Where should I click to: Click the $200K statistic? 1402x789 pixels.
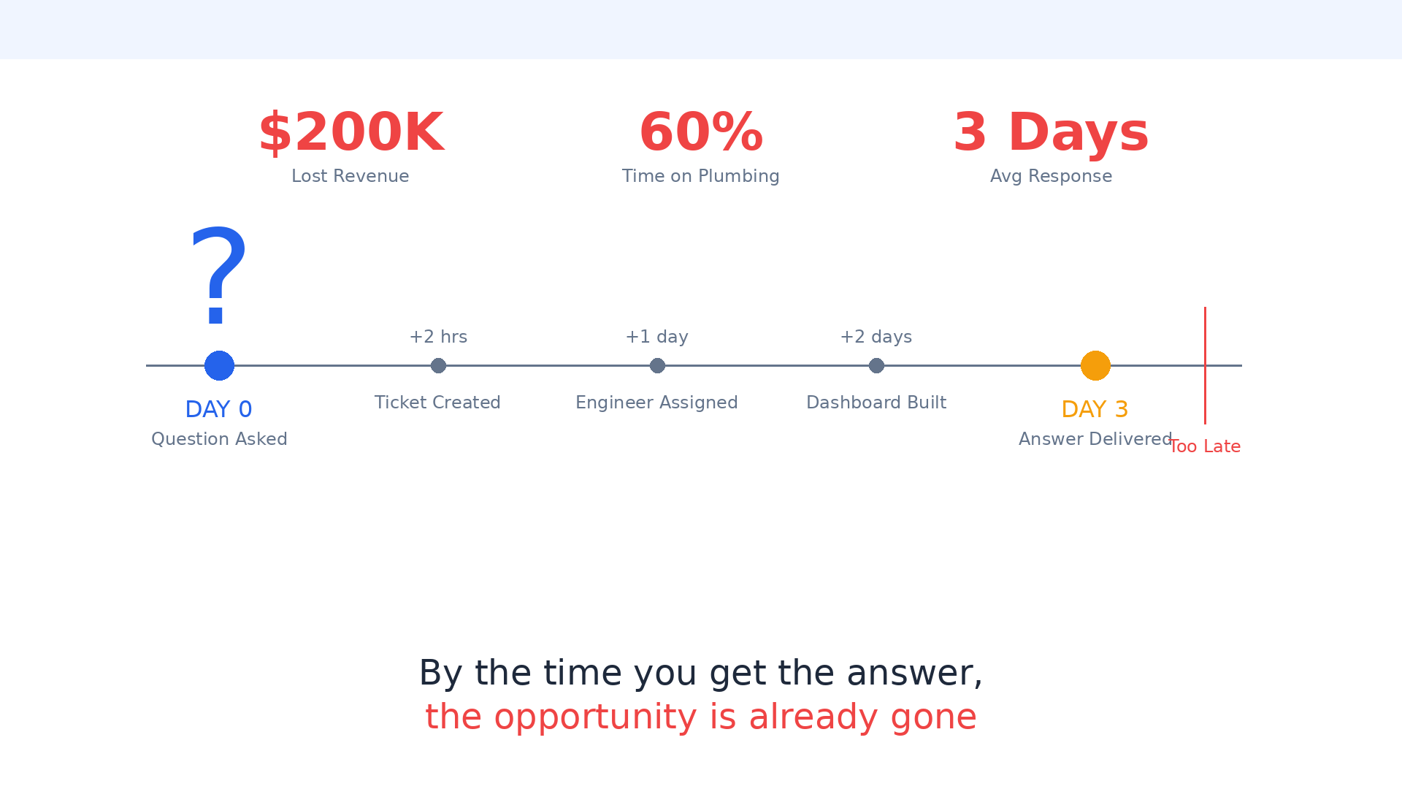click(350, 133)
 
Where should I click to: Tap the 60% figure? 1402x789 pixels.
click(701, 133)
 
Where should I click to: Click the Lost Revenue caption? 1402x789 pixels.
click(350, 176)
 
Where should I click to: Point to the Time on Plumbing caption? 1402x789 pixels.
click(701, 176)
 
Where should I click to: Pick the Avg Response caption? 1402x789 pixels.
click(1051, 177)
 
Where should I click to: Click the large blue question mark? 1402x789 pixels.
click(218, 276)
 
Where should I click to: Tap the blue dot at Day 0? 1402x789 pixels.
click(219, 365)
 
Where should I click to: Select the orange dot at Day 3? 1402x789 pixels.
click(1095, 365)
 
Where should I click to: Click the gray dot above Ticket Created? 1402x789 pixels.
click(438, 365)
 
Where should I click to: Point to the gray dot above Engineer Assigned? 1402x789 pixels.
click(657, 365)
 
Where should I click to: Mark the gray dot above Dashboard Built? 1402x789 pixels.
click(876, 365)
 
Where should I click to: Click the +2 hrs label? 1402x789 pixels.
click(438, 337)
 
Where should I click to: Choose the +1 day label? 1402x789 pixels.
click(657, 338)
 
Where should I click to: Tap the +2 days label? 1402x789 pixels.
click(876, 338)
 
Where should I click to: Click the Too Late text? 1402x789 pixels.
click(1205, 446)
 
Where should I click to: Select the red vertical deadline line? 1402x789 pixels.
click(1205, 365)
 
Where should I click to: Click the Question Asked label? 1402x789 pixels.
click(219, 439)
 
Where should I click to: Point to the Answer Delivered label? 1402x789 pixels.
click(1095, 439)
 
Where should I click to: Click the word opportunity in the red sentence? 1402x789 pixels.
click(595, 718)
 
